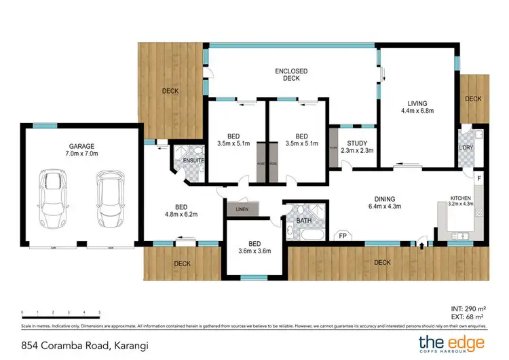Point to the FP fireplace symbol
(343, 236)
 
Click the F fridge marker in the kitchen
(479, 179)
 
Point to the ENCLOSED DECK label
(291, 75)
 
